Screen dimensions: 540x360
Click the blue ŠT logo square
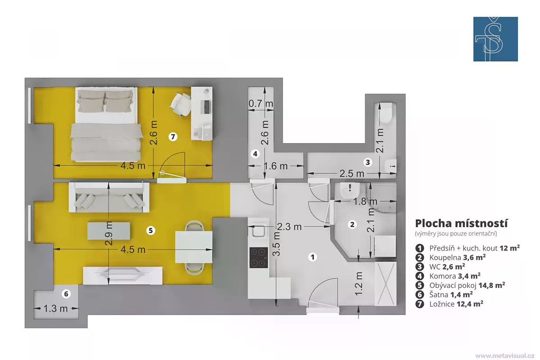coord(495,39)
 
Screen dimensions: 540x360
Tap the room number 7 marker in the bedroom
coord(173,137)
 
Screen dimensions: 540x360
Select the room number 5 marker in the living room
coord(151,230)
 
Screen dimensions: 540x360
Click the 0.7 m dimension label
coord(261,103)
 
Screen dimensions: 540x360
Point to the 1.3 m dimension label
coord(56,308)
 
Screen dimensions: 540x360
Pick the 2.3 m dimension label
coord(289,227)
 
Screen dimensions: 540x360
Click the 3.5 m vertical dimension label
coord(277,243)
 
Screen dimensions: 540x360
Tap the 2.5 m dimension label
coord(352,174)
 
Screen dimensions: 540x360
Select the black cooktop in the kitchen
coord(258,257)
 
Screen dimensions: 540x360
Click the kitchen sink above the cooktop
coord(259,231)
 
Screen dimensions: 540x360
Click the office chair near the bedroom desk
coord(180,104)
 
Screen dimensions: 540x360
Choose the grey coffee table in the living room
coord(109,231)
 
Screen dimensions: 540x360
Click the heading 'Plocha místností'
coord(461,224)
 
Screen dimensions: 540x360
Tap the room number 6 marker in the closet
coord(66,294)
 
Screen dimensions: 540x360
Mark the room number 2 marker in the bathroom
coord(352,225)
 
